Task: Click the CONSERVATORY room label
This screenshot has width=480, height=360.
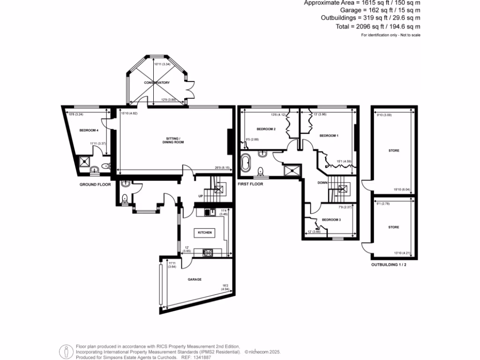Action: click(157, 82)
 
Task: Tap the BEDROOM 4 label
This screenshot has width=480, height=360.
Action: click(88, 130)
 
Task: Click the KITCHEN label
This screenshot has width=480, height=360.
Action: click(204, 232)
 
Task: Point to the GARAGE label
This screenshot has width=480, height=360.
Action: click(195, 279)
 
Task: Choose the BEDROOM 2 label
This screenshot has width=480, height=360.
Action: click(266, 129)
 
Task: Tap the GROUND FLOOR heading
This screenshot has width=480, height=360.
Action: click(95, 185)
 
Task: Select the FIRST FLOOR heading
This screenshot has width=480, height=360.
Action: click(251, 184)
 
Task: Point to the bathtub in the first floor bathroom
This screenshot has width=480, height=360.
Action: click(246, 164)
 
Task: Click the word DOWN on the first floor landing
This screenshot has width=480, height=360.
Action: click(323, 183)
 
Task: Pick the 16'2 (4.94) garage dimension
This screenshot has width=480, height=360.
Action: click(225, 287)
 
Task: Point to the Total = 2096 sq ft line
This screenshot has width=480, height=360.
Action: click(378, 27)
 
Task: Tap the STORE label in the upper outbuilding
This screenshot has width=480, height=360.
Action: click(394, 151)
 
